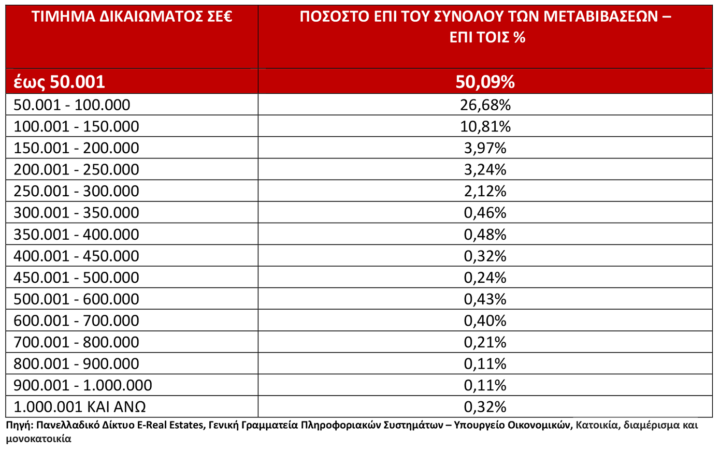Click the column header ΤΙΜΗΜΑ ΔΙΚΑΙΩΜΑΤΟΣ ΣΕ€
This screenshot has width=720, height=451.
coord(132,18)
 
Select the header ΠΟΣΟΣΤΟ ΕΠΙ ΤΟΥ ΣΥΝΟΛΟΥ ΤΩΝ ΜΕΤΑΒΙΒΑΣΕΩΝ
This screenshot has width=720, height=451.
coord(485,18)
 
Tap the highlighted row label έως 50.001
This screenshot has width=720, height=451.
coord(59,82)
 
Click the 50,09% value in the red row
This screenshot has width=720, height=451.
coord(485,82)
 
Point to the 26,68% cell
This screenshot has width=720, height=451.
coord(485,105)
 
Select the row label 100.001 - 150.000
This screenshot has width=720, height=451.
coord(76,126)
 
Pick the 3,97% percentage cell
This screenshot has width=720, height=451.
coord(485,148)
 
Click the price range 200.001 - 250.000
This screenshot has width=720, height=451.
coord(76,170)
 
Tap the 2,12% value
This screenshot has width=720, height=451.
coord(485,191)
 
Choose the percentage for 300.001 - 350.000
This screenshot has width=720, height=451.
coord(485,213)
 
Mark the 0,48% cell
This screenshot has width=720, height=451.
coord(485,235)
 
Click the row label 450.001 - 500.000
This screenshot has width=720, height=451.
coord(76,278)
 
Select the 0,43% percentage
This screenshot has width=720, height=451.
coord(485,299)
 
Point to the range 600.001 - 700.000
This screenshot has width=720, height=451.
coord(76,321)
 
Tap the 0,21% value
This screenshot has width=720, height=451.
coord(485,342)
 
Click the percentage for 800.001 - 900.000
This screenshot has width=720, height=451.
coord(485,364)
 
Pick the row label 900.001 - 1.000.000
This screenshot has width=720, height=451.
coord(83,385)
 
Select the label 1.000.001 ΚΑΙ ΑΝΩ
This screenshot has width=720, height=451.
coord(79,407)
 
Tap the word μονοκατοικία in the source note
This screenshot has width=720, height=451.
coord(39,439)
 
